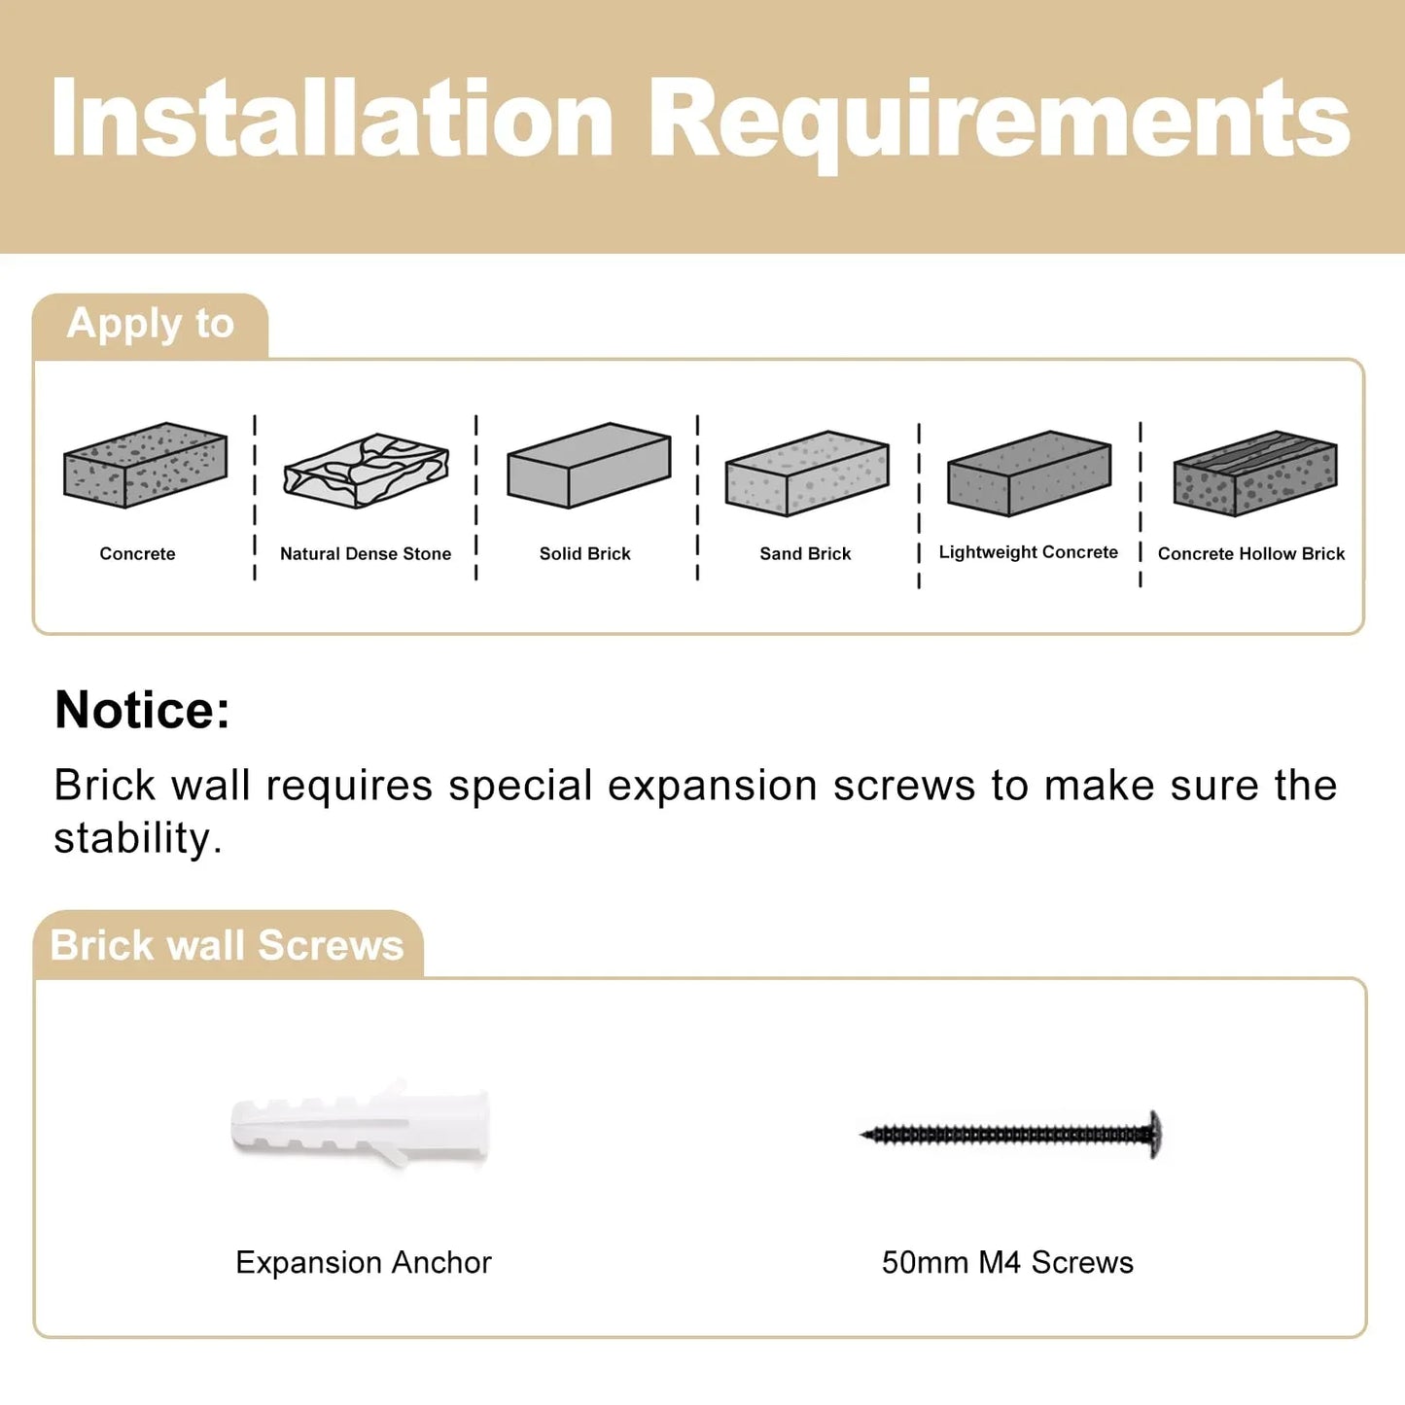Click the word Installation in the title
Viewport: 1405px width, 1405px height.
click(332, 117)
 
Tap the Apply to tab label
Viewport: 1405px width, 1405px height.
click(150, 323)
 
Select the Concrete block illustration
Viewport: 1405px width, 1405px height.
click(145, 465)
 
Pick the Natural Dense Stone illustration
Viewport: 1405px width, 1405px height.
click(366, 471)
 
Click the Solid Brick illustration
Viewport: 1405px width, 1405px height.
click(588, 465)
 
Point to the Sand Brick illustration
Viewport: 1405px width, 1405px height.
click(807, 474)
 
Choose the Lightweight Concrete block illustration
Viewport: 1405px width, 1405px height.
click(1029, 474)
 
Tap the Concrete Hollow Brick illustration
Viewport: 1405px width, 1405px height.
click(1255, 474)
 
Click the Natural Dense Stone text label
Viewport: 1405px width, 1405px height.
click(366, 553)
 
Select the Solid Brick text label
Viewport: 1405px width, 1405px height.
click(584, 553)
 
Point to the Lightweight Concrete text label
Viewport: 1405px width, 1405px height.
click(1028, 552)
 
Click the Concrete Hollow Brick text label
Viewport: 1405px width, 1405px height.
click(1251, 553)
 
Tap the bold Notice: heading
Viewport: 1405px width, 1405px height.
click(142, 710)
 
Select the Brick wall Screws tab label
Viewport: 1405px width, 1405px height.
click(227, 945)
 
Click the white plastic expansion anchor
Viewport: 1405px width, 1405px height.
click(360, 1124)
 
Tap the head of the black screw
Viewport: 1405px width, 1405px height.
click(1153, 1134)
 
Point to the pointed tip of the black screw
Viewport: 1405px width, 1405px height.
click(861, 1135)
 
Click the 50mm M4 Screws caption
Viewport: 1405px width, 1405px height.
click(1007, 1262)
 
